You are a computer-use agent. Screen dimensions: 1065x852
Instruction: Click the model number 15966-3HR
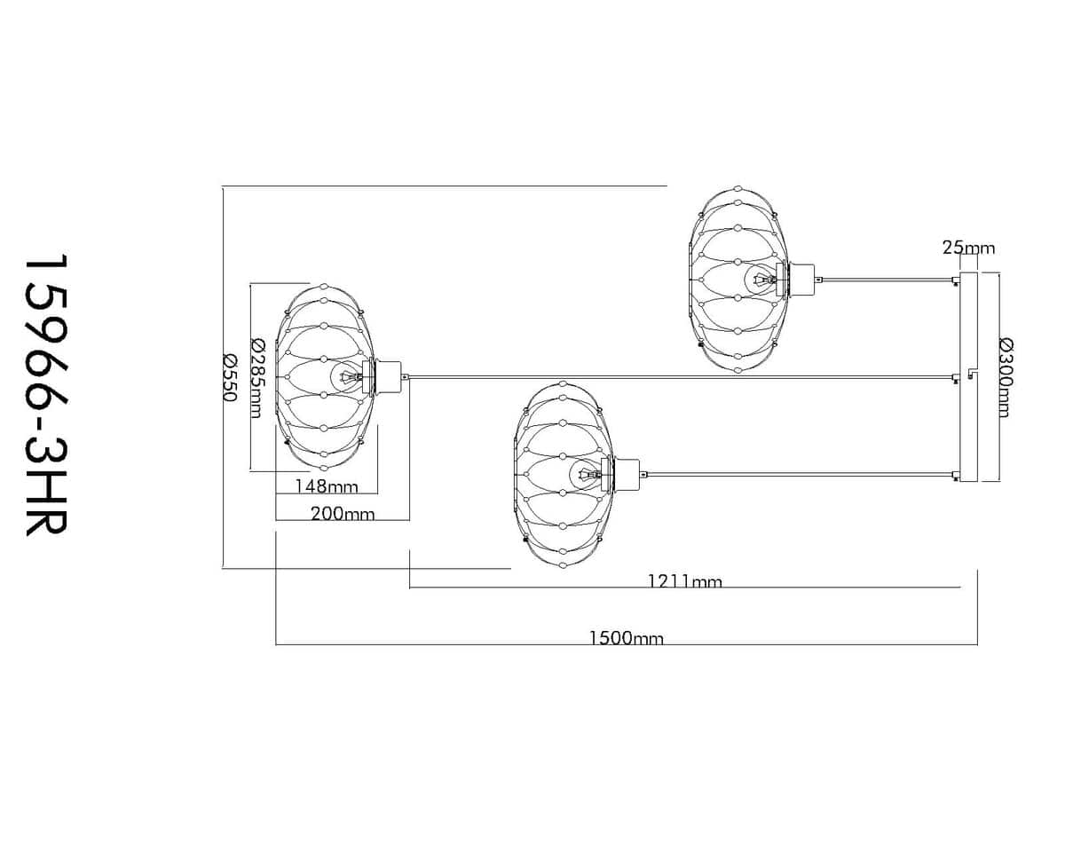(x=46, y=395)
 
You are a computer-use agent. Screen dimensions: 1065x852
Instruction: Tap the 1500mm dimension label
(x=626, y=638)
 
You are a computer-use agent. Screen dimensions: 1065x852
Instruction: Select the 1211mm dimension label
(x=685, y=580)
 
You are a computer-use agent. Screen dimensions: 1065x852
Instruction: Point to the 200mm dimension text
(x=343, y=514)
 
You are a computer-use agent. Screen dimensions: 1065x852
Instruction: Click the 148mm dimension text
(x=327, y=486)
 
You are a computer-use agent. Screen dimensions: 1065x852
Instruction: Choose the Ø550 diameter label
(x=230, y=378)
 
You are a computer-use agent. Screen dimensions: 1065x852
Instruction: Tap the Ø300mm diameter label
(x=1006, y=378)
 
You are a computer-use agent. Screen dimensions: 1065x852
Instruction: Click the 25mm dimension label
(x=968, y=248)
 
